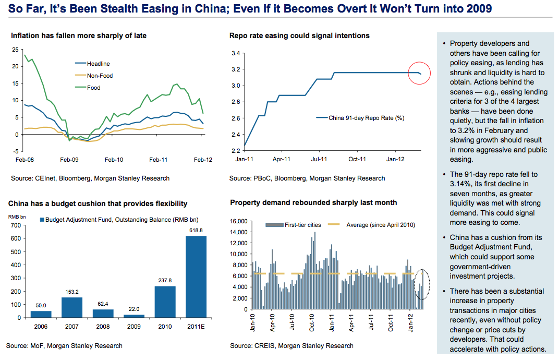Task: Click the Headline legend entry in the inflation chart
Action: tap(99, 64)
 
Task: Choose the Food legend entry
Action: tap(94, 88)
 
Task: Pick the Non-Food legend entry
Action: tap(100, 76)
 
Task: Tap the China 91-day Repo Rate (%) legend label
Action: tap(367, 118)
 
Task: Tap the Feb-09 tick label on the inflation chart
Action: tap(69, 159)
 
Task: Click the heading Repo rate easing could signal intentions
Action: tap(299, 36)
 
